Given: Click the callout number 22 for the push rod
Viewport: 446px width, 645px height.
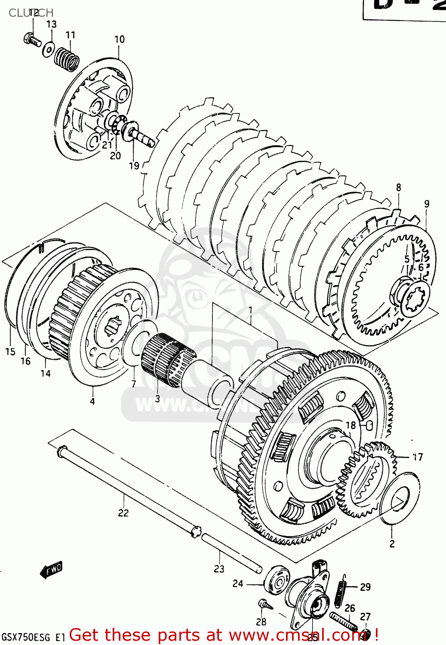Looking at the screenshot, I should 123,513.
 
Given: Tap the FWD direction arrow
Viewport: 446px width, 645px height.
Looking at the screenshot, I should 51,570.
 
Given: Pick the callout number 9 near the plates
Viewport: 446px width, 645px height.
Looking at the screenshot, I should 426,204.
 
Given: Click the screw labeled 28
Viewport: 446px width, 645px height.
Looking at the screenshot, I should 265,605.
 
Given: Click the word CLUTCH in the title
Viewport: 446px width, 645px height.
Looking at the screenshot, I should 31,13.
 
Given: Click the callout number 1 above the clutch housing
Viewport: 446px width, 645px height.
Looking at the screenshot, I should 250,310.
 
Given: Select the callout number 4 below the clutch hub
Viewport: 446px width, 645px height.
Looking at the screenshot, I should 92,401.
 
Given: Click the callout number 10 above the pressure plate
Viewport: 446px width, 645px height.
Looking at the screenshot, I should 119,40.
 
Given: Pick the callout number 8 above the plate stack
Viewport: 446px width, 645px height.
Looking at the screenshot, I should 398,187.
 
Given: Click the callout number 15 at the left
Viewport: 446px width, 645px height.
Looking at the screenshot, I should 10,352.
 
